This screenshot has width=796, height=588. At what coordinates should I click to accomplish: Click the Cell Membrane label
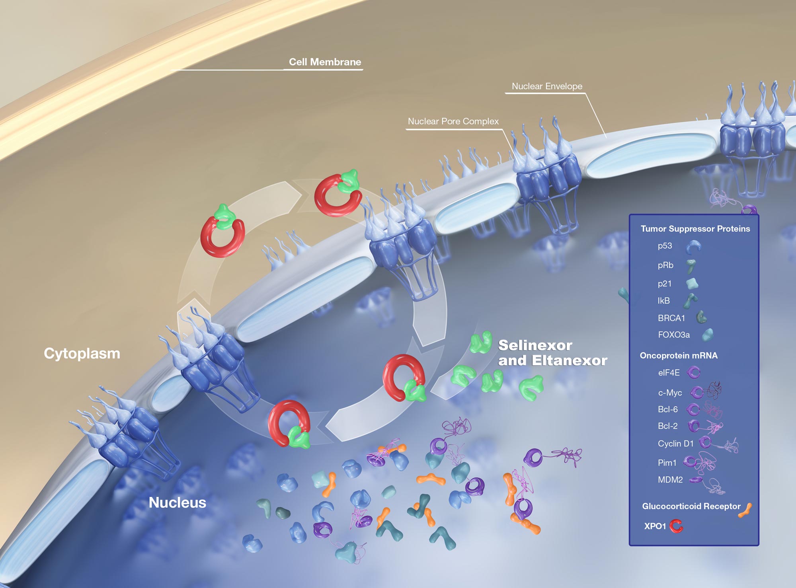325,62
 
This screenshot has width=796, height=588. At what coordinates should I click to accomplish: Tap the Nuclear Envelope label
547,86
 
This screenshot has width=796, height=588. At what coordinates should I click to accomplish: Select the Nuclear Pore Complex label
453,121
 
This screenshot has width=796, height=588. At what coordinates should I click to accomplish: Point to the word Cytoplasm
82,353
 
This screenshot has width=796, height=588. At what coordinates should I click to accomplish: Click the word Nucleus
178,502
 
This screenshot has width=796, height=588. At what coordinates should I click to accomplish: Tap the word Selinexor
535,345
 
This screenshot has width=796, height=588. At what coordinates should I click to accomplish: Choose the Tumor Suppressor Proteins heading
695,229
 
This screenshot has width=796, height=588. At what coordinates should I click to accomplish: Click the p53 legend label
665,246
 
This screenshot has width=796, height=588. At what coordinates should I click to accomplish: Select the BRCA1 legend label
671,318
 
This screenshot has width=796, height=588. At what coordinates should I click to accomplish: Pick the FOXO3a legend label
673,335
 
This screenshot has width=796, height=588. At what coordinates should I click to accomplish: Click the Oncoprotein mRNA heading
679,356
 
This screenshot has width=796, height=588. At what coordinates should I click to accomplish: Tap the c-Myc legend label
670,393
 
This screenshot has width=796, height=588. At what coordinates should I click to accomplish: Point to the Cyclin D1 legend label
675,444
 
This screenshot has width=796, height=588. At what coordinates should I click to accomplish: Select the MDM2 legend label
670,480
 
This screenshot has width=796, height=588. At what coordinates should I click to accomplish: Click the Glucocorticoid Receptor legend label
691,506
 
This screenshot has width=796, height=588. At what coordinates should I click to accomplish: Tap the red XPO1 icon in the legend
676,526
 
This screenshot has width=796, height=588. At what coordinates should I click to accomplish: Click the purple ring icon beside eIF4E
694,373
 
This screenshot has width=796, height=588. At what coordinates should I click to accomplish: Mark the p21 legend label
664,284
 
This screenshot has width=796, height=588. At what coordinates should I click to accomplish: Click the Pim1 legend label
667,463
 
